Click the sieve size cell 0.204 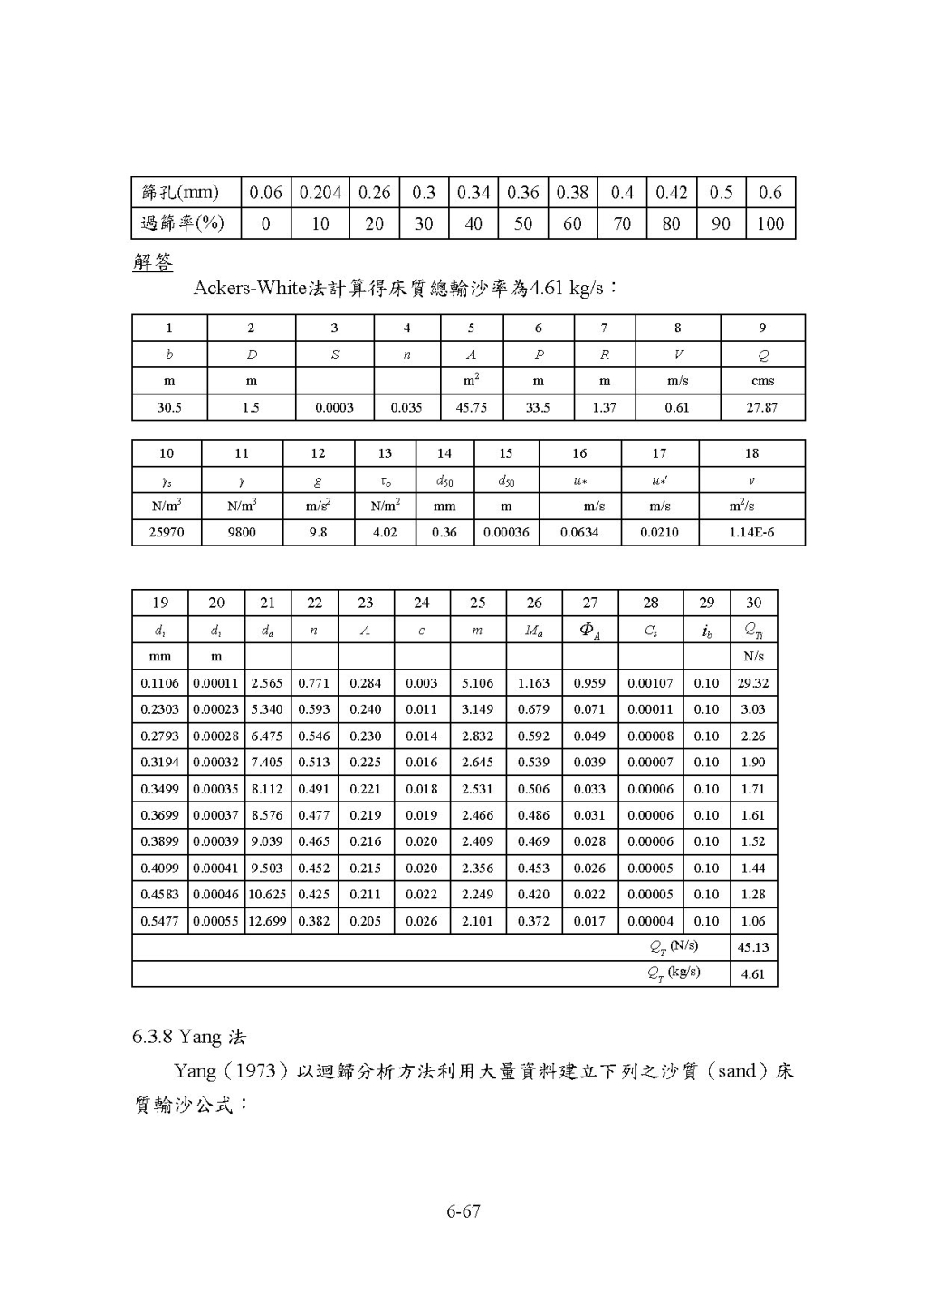point(320,193)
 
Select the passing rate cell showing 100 point(770,223)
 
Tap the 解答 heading point(152,262)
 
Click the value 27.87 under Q point(762,407)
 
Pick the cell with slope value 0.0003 point(334,407)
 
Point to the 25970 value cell point(166,532)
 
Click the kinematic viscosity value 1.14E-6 point(751,532)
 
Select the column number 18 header point(751,453)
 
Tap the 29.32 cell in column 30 point(753,683)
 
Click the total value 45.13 point(753,947)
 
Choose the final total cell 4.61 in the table point(753,974)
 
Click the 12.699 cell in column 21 point(268,921)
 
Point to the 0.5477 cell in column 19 point(160,921)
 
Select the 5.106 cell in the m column point(477,683)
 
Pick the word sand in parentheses point(736,1071)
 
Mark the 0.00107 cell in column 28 point(650,683)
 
